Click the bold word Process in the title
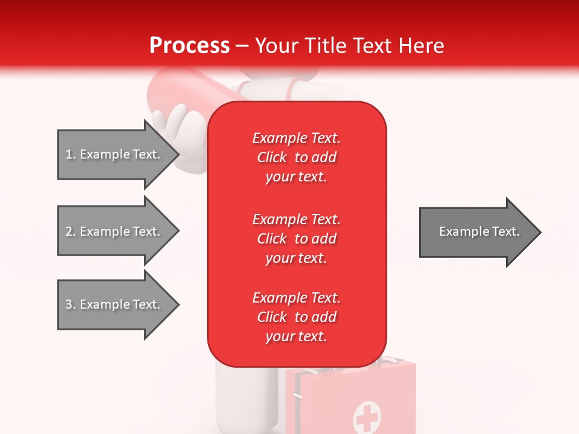tap(189, 46)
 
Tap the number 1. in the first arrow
tap(71, 154)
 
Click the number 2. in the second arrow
tap(71, 231)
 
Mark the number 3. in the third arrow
tap(71, 304)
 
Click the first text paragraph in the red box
tap(296, 157)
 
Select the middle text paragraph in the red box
tap(296, 239)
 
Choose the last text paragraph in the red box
tap(296, 317)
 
